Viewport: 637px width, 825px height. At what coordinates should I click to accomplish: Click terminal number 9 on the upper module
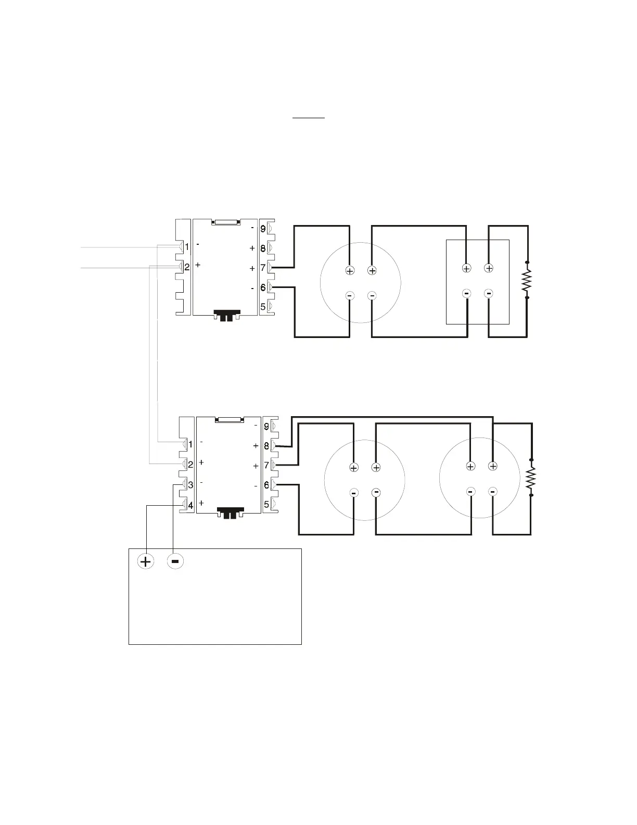(x=263, y=229)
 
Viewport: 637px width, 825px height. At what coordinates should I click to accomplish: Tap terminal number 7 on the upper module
(x=263, y=268)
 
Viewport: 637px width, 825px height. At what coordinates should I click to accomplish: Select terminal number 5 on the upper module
(x=263, y=307)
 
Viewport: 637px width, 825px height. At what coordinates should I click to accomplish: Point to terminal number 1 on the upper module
(x=187, y=247)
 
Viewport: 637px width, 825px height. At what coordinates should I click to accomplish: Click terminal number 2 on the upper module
(x=187, y=267)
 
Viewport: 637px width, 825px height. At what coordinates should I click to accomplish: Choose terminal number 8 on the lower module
(x=266, y=446)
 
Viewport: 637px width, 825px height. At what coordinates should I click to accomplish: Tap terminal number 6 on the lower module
(x=266, y=485)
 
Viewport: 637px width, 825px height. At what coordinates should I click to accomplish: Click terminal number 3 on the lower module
(x=190, y=485)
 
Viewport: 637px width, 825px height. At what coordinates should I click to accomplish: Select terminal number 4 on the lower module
(x=190, y=505)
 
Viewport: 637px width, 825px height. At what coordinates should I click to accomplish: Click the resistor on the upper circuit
(x=527, y=280)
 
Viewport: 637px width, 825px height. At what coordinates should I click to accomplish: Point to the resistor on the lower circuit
(x=531, y=478)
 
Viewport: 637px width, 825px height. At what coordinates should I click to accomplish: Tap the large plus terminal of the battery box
(x=146, y=561)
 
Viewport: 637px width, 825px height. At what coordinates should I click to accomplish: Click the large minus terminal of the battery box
(x=175, y=561)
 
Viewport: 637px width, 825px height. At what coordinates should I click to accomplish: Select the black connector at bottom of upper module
(x=226, y=316)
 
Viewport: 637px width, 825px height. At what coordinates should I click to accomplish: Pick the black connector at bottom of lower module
(x=231, y=513)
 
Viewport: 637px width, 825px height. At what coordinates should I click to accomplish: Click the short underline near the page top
(x=309, y=118)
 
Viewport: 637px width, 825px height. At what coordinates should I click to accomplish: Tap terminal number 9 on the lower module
(x=266, y=427)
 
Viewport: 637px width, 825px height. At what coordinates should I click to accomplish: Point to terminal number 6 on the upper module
(x=263, y=288)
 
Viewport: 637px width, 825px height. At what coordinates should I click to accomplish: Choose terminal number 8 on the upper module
(x=263, y=248)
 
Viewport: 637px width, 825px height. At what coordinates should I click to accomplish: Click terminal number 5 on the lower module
(x=266, y=505)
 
